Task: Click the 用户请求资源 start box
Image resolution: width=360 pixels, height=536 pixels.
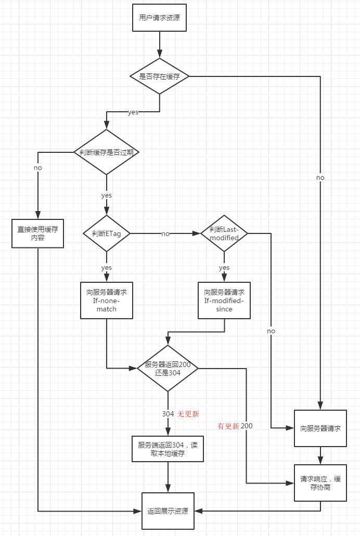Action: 159,18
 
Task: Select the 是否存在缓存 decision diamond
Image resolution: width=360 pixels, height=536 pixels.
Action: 159,76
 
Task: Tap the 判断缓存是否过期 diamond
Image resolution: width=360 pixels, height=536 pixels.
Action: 107,152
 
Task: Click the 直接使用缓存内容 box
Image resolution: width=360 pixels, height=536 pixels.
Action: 38,233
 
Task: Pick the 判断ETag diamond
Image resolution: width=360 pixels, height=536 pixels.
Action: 107,233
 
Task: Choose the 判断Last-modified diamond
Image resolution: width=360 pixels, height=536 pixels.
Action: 224,233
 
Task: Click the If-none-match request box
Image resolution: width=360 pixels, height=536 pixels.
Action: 106,300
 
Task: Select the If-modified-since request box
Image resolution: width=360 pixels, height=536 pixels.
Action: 224,300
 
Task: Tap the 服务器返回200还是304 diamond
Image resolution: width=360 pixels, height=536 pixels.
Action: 168,369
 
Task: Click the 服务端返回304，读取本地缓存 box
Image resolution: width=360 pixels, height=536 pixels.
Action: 168,449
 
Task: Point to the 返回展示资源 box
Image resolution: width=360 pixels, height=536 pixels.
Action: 168,511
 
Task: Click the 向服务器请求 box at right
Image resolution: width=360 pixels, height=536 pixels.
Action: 320,428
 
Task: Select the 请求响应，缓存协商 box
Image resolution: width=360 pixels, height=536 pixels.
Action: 320,483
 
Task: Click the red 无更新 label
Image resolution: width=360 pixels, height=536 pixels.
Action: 188,414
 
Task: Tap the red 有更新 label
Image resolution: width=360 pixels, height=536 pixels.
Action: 228,426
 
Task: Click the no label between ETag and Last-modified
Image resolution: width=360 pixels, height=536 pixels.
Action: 165,234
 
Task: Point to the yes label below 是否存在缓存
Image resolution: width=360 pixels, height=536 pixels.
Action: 133,112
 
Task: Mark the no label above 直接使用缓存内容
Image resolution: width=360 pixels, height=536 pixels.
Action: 37,168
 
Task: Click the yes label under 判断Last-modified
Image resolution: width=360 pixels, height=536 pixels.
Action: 224,267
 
